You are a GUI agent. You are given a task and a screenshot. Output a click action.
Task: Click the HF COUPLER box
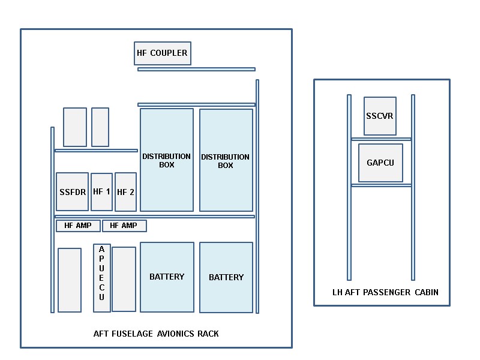[x=162, y=53]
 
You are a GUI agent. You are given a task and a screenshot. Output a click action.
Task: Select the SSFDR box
[x=72, y=192]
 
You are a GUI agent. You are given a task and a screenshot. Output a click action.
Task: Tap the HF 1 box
[x=101, y=192]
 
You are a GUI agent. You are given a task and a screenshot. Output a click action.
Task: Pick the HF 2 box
[x=125, y=192]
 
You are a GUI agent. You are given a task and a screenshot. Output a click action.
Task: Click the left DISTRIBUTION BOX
[x=167, y=160]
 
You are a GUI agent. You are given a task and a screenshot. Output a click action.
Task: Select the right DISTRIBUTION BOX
[x=226, y=160]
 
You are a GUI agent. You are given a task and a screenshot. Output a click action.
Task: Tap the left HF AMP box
[x=78, y=226]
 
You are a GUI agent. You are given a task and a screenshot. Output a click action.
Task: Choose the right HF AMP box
[x=124, y=226]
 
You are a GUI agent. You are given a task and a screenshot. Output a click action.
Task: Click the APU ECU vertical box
[x=102, y=278]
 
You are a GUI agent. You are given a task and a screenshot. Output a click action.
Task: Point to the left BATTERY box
[x=167, y=277]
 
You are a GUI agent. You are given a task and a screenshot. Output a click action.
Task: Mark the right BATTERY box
[x=226, y=277]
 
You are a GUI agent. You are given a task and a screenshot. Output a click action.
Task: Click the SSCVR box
[x=380, y=116]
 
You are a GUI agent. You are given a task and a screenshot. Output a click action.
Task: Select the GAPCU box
[x=380, y=163]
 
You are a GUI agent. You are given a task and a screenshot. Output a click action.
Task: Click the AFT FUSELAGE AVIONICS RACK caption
[x=156, y=334]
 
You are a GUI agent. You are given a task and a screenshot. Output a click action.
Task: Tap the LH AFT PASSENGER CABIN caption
[x=385, y=293]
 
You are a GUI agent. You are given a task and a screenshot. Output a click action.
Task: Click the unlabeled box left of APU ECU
[x=70, y=280]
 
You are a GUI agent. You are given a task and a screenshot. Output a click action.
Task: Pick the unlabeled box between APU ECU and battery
[x=124, y=279]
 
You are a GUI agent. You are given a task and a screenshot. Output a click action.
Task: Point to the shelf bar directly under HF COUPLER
[x=196, y=70]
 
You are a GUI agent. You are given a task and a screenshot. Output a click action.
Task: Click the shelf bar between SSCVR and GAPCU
[x=381, y=139]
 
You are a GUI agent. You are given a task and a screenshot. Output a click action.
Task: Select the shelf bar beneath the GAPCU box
[x=381, y=185]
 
